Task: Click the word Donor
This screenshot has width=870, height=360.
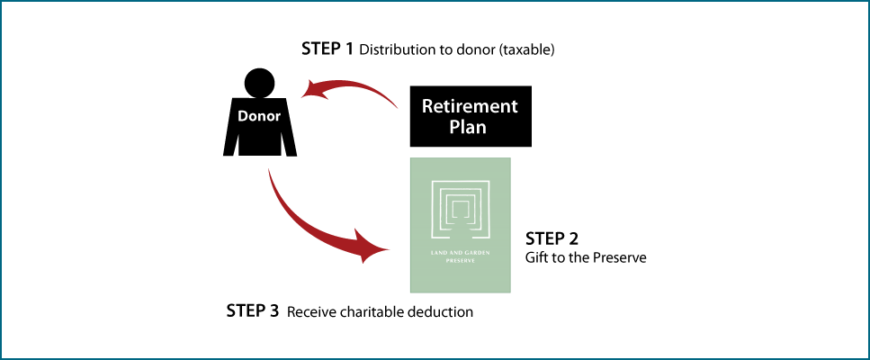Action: (259, 116)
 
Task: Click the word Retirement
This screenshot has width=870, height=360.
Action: (470, 106)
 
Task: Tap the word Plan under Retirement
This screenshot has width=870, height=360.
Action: (468, 127)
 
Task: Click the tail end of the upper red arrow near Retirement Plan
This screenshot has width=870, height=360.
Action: (396, 107)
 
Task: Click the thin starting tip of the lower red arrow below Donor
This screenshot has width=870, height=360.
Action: (269, 169)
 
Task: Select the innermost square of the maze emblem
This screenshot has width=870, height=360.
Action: (460, 208)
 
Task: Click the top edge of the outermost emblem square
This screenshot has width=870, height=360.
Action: (460, 182)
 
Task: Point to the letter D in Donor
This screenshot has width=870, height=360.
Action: (242, 116)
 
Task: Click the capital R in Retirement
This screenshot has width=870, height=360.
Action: (428, 106)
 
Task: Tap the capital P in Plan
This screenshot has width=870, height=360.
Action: (454, 127)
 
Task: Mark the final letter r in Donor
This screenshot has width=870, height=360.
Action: (278, 116)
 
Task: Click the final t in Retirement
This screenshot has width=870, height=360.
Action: (515, 106)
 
